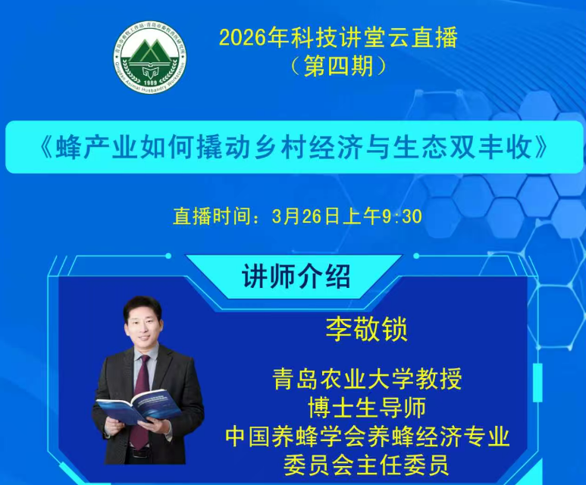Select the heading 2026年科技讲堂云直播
339,36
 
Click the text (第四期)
339,66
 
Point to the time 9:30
400,216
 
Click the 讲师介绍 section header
296,276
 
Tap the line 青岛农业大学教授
367,378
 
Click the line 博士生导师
367,408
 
